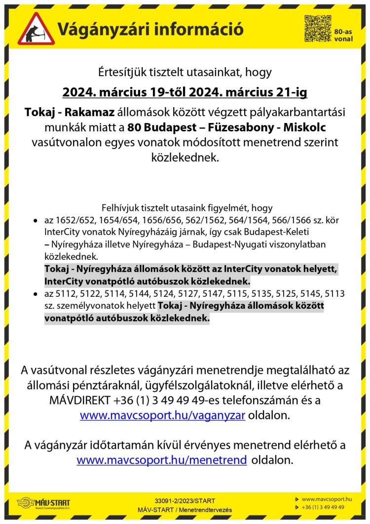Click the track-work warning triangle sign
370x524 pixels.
pyautogui.click(x=36, y=29)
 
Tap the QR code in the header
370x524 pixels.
pyautogui.click(x=317, y=29)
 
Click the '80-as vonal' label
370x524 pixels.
pyautogui.click(x=343, y=35)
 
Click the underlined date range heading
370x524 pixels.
pyautogui.click(x=185, y=92)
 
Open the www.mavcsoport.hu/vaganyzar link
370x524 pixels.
pyautogui.click(x=163, y=415)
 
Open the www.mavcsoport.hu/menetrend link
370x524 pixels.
pyautogui.click(x=162, y=460)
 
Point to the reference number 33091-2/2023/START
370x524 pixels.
pyautogui.click(x=185, y=501)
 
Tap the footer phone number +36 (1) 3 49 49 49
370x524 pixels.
pyautogui.click(x=323, y=507)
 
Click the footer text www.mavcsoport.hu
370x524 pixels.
pyautogui.click(x=326, y=499)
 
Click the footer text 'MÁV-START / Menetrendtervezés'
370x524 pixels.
pyautogui.click(x=185, y=510)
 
